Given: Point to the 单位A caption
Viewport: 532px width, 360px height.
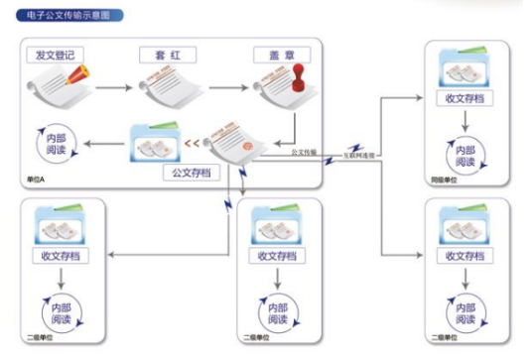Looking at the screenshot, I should tap(37, 180).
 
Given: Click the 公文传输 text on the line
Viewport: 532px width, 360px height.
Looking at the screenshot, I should tap(304, 153).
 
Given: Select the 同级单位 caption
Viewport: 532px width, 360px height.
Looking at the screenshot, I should tap(443, 180).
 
